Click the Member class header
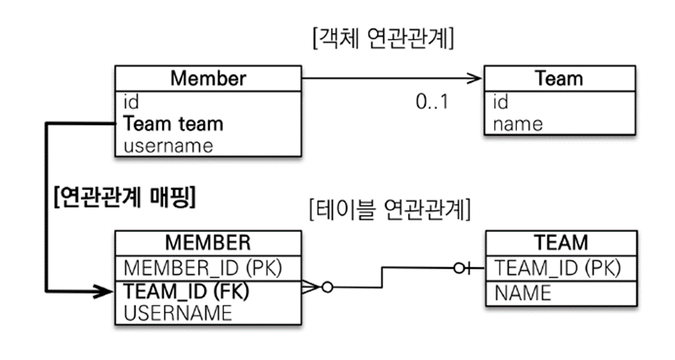(x=208, y=78)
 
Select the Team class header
(x=559, y=78)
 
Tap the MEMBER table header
(x=208, y=242)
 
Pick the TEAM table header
(x=561, y=242)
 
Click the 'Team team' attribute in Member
(x=173, y=124)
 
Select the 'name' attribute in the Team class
(x=518, y=124)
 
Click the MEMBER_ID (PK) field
(x=202, y=267)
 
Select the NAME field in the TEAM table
(x=523, y=292)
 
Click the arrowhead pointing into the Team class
(x=475, y=77)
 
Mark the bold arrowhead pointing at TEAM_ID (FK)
(x=106, y=291)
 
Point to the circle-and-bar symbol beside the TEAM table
(x=463, y=268)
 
